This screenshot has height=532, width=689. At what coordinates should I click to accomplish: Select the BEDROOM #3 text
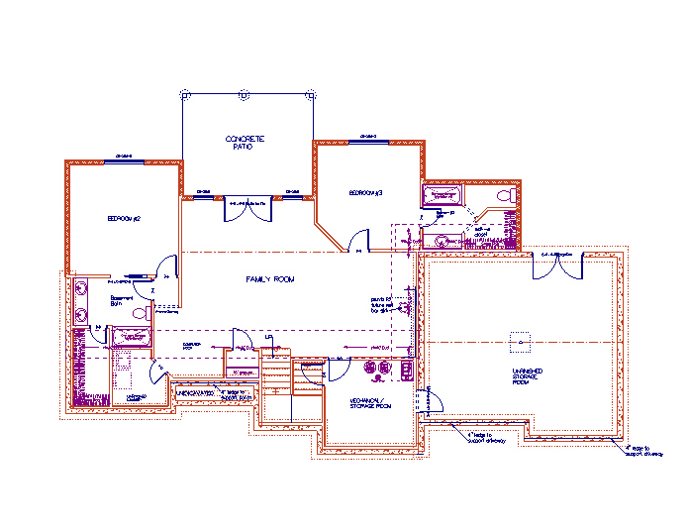click(365, 191)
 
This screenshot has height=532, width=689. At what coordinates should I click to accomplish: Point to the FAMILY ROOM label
click(270, 280)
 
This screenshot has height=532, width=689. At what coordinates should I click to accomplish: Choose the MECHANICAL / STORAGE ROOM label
click(370, 405)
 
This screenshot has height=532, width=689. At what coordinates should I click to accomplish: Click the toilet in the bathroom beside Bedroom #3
click(504, 198)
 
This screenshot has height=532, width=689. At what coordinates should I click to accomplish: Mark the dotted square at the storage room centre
click(515, 339)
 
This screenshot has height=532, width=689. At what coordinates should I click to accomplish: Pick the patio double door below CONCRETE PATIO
click(248, 206)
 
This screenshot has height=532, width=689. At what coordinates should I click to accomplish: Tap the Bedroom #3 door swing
click(360, 241)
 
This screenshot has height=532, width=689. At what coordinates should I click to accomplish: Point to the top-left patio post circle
click(184, 94)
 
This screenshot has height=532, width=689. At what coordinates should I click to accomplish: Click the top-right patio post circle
click(312, 94)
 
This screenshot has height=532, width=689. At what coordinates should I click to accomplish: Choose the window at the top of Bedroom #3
click(368, 139)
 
